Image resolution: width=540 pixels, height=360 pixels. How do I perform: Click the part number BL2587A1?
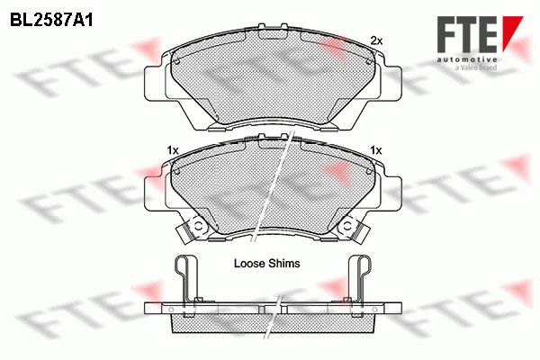click(51, 21)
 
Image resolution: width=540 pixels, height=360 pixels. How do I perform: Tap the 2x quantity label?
click(376, 40)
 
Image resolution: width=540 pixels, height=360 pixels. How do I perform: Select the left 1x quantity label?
click(172, 150)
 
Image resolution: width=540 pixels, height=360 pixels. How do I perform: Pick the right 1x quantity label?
click(375, 150)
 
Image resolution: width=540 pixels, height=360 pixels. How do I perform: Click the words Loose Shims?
click(267, 263)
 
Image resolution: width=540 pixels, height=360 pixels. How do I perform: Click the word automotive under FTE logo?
click(467, 59)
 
